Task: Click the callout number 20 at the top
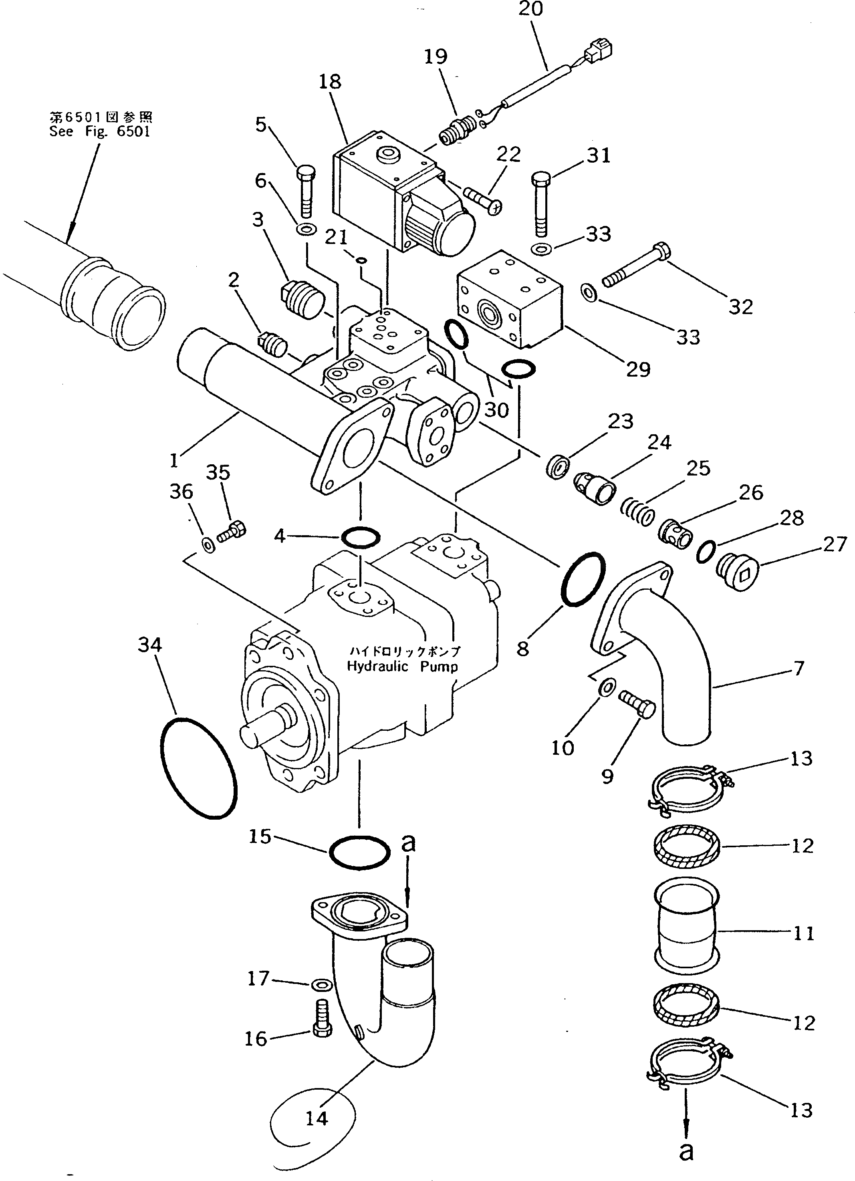pyautogui.click(x=530, y=9)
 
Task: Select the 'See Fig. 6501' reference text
pyautogui.click(x=100, y=131)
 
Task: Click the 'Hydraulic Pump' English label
pyautogui.click(x=403, y=667)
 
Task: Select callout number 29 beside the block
pyautogui.click(x=638, y=369)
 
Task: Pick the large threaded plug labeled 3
pyautogui.click(x=301, y=299)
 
